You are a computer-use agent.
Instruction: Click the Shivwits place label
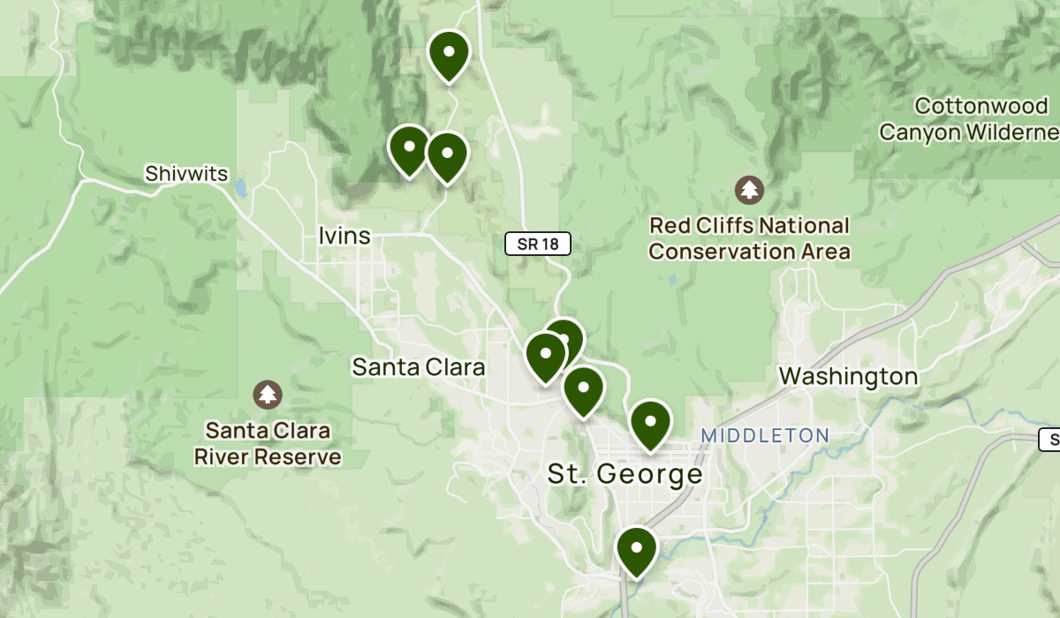point(186,173)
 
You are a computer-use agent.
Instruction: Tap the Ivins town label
point(344,236)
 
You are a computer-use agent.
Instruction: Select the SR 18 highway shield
point(538,244)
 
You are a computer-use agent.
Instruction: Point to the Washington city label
point(848,377)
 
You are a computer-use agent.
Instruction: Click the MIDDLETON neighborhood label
point(765,435)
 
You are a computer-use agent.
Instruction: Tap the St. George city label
point(625,474)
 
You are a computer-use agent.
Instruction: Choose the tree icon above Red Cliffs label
point(750,189)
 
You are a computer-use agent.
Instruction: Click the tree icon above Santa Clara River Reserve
point(268,395)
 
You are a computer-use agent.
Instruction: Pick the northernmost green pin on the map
point(449,55)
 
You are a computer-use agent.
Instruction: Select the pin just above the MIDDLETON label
point(651,424)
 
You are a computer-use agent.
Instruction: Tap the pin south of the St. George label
point(636,551)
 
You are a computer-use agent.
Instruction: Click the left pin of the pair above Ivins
point(410,150)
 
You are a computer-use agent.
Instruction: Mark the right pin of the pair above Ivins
point(447,155)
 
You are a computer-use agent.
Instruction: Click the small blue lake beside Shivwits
point(239,188)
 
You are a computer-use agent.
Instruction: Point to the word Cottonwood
point(981,107)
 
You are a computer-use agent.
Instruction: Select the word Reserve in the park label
point(298,457)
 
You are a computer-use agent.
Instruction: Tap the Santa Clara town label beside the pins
point(419,366)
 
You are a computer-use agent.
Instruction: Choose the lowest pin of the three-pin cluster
point(583,391)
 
